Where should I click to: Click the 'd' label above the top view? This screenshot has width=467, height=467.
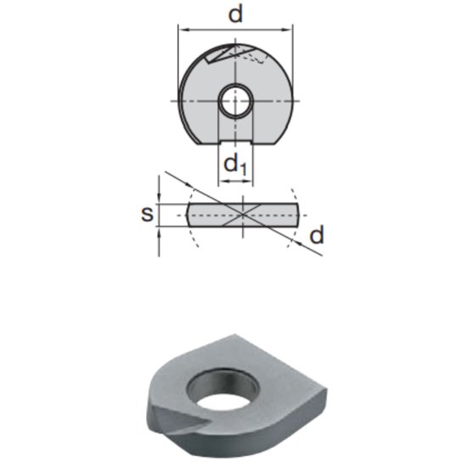pos(234,14)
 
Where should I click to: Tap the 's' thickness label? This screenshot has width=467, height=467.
pos(147,213)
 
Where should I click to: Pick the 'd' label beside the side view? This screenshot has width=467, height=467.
pos(316,235)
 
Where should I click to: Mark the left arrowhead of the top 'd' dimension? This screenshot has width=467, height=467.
pos(181,28)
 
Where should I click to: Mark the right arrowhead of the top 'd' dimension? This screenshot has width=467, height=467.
pos(289,28)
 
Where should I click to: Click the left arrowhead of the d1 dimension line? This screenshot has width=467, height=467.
pos(222,180)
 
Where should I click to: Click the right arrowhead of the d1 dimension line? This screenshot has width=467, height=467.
pos(247,180)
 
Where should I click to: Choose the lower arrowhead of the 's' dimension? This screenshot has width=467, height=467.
pos(160,228)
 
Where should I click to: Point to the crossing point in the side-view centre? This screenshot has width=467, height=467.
pos(244,214)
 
